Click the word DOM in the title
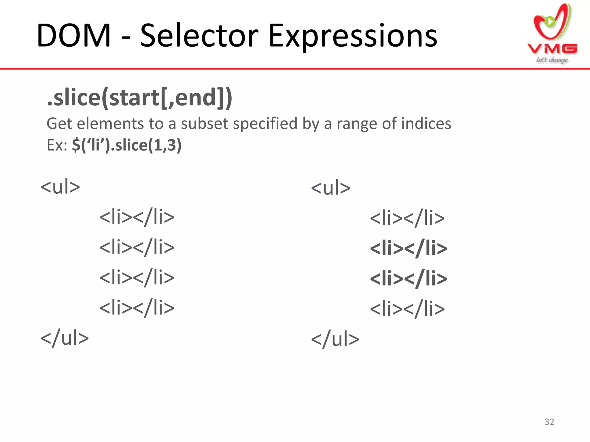pos(74,36)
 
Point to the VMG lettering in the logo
pos(552,49)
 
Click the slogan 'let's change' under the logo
pos(552,60)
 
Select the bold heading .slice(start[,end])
pos(139,98)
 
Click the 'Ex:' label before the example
pos(57,145)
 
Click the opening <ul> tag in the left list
pos(60,187)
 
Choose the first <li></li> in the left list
pos(137,217)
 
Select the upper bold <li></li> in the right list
pos(408,248)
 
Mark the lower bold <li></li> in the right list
pos(408,279)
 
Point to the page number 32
pos(549,422)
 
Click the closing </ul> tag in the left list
pos(65,338)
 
